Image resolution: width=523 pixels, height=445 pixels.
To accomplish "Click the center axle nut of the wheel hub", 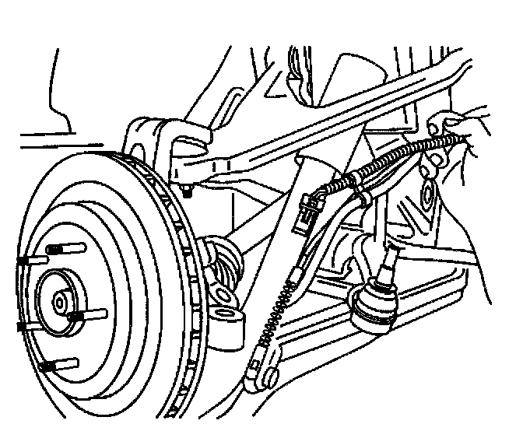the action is coord(60,300).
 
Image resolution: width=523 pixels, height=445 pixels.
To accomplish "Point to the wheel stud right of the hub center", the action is coord(87,315).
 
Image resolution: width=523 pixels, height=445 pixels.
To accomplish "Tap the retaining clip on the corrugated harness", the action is coord(360,187).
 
